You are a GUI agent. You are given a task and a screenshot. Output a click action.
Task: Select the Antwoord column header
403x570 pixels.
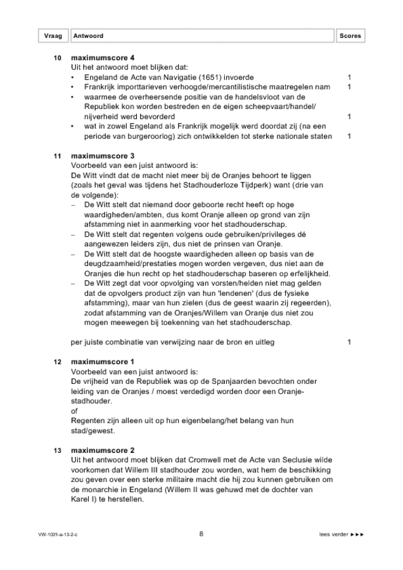tap(89, 36)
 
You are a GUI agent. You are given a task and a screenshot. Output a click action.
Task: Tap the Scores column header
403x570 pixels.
tap(350, 36)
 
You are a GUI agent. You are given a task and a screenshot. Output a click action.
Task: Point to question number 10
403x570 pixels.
tap(58, 58)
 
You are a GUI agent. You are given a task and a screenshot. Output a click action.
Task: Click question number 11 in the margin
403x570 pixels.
tap(58, 155)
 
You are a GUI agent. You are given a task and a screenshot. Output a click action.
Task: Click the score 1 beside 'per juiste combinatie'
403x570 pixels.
tap(349, 342)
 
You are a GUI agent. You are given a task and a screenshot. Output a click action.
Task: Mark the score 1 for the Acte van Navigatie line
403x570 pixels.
tap(349, 77)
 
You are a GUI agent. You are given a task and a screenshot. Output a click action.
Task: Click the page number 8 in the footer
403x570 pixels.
tap(201, 534)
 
